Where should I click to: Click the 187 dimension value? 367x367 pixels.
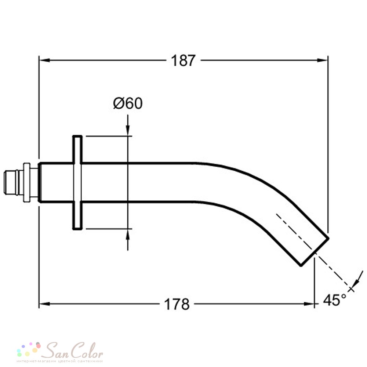pos(183,61)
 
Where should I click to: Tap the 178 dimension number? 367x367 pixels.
pos(177,304)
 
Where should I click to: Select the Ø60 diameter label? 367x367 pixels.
pos(128,103)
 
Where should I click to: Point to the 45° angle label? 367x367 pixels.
pos(335,300)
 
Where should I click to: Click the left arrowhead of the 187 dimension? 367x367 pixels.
pos(44,61)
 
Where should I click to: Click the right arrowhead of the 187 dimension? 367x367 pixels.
pos(322,61)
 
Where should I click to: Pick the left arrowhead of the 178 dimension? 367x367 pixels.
pos(44,304)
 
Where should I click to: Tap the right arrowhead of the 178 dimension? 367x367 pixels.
pos(309,304)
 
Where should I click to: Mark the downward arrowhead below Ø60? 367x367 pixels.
pos(128,130)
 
